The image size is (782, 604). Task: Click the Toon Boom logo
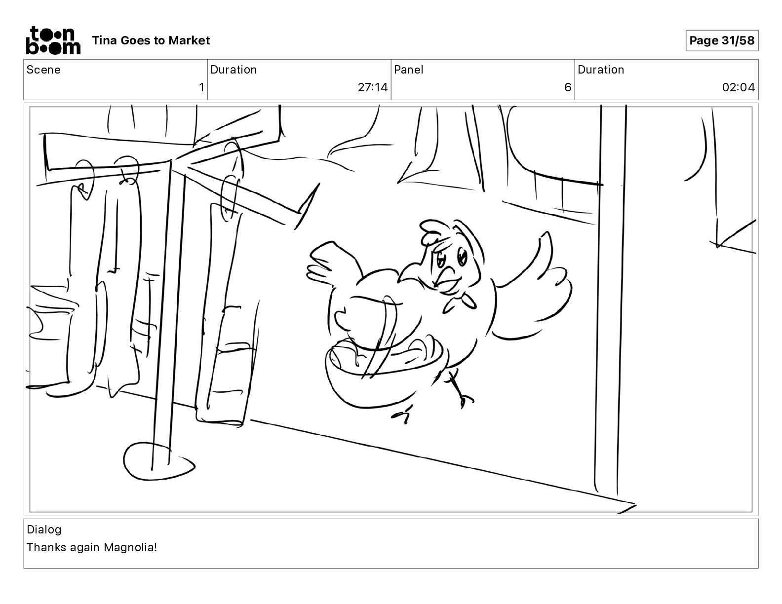53,40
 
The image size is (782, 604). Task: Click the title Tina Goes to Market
151,40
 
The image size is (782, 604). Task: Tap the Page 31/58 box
722,40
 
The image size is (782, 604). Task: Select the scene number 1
201,87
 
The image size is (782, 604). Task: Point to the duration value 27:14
372,87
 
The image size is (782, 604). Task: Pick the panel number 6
568,87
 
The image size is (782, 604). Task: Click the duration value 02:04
739,87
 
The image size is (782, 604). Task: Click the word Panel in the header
408,70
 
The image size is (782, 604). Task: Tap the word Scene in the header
43,70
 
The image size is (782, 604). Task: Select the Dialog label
44,529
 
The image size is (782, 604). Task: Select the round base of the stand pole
158,461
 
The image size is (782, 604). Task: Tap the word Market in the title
189,40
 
